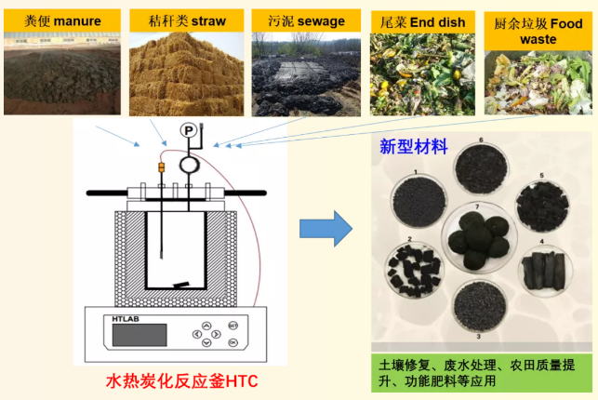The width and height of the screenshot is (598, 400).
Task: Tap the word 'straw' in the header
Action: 208,21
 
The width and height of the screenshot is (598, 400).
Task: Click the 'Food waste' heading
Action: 538,32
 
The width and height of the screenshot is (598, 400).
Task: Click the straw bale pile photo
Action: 187,74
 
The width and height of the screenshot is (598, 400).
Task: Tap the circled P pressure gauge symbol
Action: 189,130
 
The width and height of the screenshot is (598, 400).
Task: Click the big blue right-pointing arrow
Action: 326,229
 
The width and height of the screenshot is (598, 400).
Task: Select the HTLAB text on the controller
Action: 126,319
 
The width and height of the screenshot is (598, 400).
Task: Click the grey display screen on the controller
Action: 140,335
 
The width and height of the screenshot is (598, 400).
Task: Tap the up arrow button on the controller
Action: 206,326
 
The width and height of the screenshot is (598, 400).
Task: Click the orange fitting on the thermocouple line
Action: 161,167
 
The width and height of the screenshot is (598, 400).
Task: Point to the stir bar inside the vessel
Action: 180,285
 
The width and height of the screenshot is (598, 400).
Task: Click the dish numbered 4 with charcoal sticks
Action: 545,270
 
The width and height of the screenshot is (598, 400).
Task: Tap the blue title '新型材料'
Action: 414,147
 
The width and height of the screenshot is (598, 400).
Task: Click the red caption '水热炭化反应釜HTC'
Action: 181,381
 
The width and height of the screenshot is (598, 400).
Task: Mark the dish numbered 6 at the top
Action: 482,169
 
